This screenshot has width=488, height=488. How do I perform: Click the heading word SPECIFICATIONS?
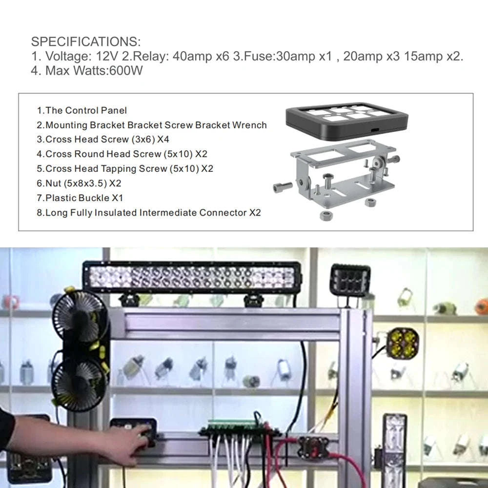(x=85, y=41)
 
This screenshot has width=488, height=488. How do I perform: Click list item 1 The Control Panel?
(x=81, y=110)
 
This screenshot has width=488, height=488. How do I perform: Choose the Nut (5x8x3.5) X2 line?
(x=79, y=183)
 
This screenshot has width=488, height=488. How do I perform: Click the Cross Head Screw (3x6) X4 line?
(x=103, y=140)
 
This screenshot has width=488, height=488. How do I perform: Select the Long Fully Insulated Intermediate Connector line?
(x=149, y=213)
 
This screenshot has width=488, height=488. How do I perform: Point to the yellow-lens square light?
(x=403, y=342)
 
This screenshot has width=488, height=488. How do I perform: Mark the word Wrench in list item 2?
(x=250, y=125)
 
